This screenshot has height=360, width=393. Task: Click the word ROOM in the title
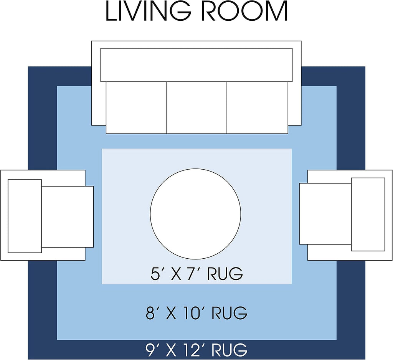[244, 11]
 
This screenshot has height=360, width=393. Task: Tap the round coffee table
[195, 214]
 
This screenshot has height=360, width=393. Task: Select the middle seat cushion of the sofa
[197, 107]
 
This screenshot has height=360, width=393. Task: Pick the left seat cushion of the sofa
[136, 107]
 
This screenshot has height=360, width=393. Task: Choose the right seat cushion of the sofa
[258, 107]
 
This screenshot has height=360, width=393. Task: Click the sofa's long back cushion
[196, 65]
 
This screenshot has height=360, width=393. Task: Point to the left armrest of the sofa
[99, 103]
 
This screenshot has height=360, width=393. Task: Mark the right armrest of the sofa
[294, 103]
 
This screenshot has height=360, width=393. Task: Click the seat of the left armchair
[68, 217]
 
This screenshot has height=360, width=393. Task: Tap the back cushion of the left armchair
[25, 216]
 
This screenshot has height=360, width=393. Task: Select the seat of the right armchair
[325, 214]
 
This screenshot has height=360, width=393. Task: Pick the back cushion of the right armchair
[368, 214]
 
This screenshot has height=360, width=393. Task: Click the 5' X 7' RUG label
[197, 274]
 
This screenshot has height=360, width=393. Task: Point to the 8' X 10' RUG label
[197, 313]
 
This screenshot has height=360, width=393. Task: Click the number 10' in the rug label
[192, 313]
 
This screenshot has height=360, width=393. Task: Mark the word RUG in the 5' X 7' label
[225, 274]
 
